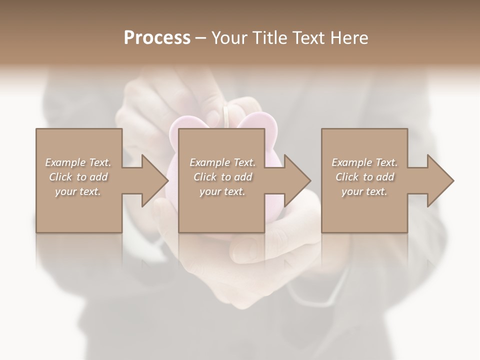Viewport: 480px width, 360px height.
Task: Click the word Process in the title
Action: point(157,38)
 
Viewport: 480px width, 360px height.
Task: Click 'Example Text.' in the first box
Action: point(78,162)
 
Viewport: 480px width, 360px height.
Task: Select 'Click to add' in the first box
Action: point(78,177)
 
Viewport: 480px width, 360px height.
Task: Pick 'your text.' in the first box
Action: point(78,191)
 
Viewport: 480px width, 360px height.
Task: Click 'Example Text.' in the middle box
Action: point(222,162)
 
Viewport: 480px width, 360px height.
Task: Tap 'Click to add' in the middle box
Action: point(222,177)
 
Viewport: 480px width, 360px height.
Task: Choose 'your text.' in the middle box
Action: point(222,191)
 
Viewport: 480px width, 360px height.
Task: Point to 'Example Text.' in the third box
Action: point(364,162)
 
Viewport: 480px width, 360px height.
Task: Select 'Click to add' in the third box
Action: point(364,177)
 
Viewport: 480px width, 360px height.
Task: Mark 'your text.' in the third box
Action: point(364,191)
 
